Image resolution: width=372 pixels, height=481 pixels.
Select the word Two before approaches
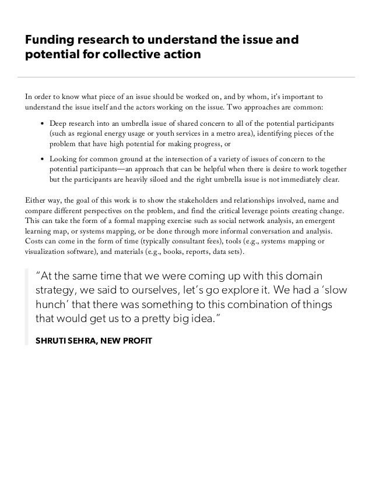point(230,107)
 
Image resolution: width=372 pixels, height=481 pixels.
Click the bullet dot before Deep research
point(43,124)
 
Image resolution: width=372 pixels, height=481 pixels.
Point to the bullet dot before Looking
point(43,158)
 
